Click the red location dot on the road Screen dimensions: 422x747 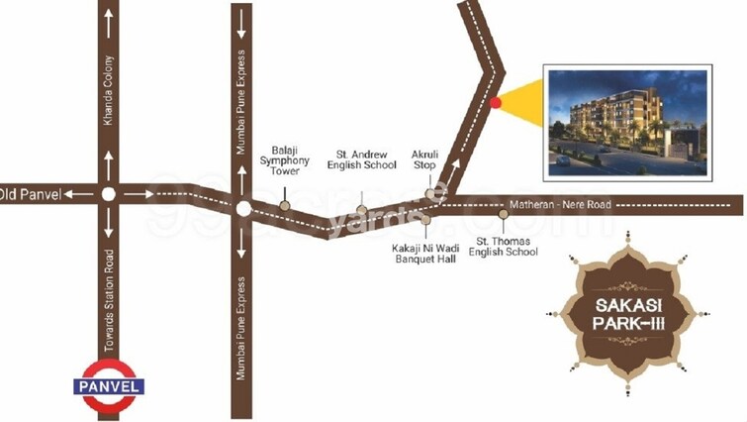click(x=496, y=102)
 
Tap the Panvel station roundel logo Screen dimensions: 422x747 click(x=110, y=386)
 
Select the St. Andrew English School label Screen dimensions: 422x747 click(x=366, y=158)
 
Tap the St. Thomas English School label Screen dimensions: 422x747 click(x=507, y=246)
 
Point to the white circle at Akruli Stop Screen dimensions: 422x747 click(x=430, y=193)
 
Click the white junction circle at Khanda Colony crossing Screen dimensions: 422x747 click(x=110, y=194)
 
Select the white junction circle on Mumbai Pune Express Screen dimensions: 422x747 click(x=242, y=208)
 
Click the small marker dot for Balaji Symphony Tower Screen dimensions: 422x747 click(x=285, y=206)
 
